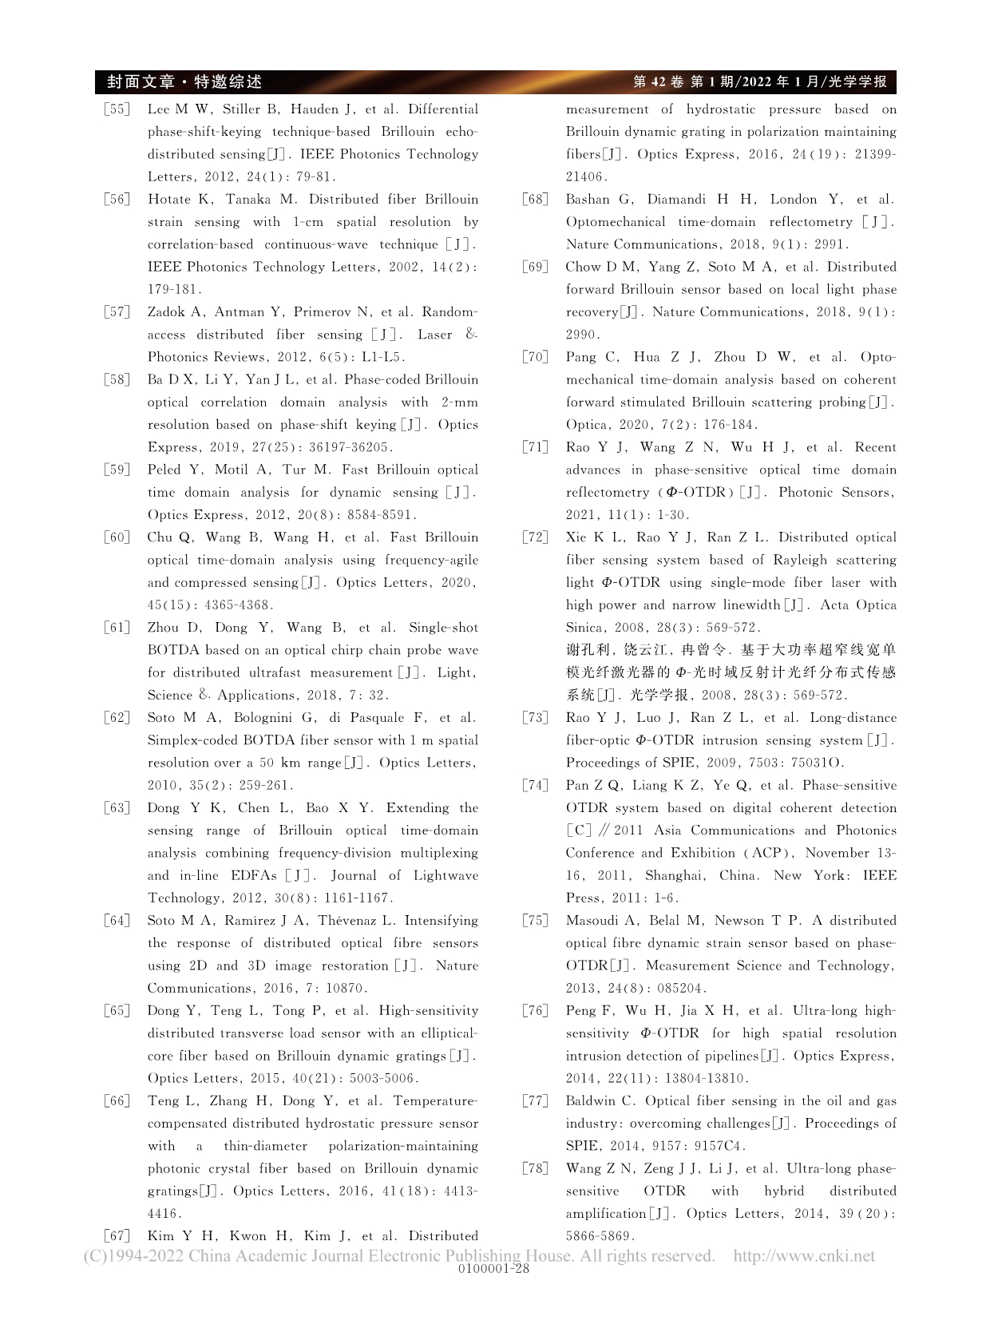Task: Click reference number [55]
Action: [117, 109]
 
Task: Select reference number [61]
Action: [117, 628]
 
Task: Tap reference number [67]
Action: [117, 1236]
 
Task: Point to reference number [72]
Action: [535, 537]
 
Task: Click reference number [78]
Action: [535, 1169]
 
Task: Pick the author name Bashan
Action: [587, 200]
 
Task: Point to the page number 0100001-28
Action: [494, 1269]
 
